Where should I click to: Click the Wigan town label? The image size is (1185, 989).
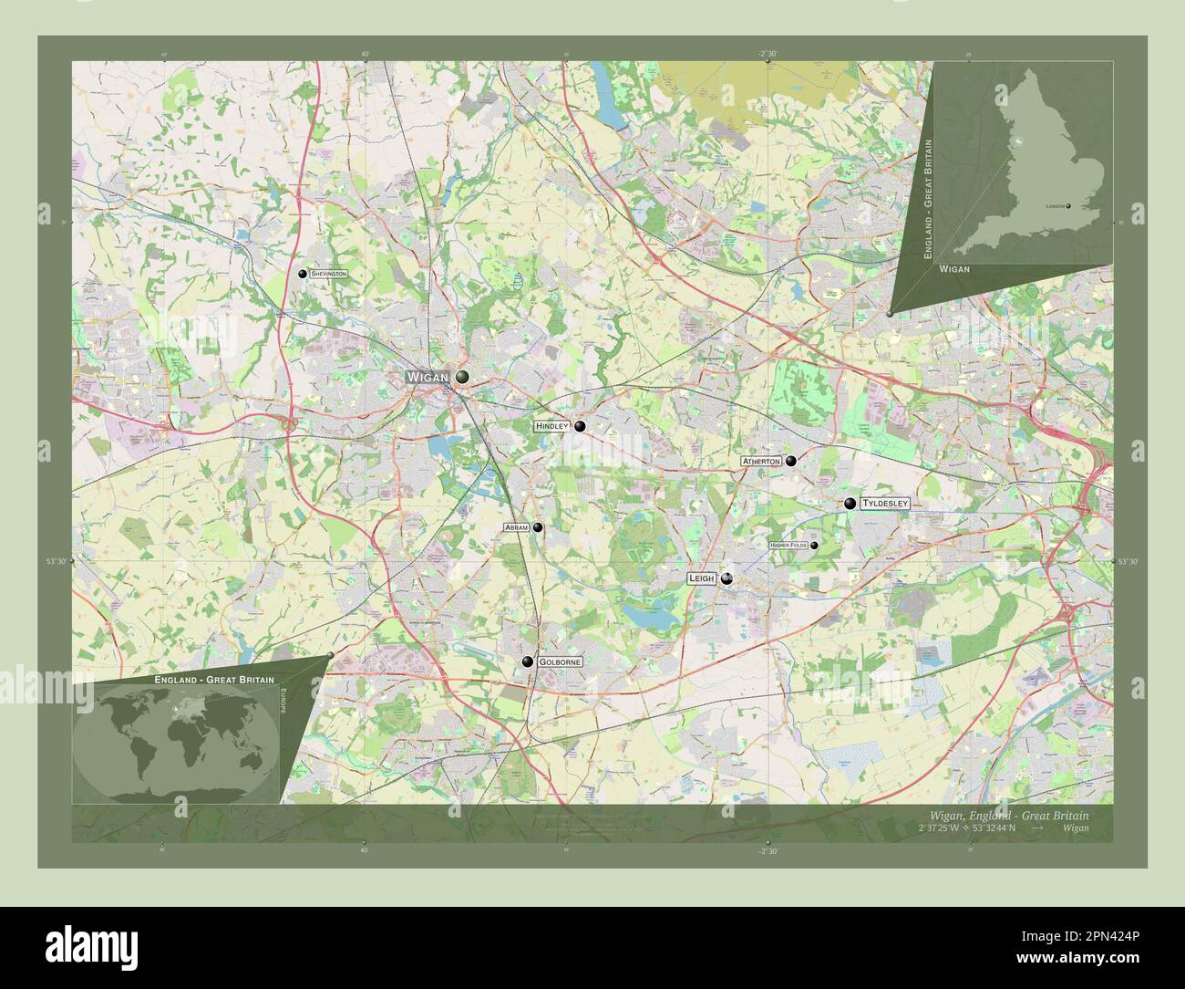point(428,377)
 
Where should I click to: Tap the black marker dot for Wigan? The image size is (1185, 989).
point(462,377)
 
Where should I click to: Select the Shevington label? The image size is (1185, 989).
point(328,274)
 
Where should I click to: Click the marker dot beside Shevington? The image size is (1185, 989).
point(303,274)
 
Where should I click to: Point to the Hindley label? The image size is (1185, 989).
point(551,426)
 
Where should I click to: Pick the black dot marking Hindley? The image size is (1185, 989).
point(580,426)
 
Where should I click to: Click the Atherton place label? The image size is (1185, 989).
point(761,462)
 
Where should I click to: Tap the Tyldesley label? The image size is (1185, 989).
point(885,504)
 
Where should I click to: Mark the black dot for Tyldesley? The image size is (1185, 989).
point(850,503)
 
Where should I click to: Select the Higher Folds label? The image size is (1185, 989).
point(788,546)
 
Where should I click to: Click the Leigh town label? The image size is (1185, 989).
point(701,578)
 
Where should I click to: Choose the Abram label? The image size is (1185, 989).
point(516,527)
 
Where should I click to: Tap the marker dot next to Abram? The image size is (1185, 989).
point(538,527)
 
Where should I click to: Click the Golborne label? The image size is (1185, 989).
point(559,661)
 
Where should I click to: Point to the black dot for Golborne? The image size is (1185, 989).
point(527,661)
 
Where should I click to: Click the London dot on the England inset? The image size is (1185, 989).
point(1068,206)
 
